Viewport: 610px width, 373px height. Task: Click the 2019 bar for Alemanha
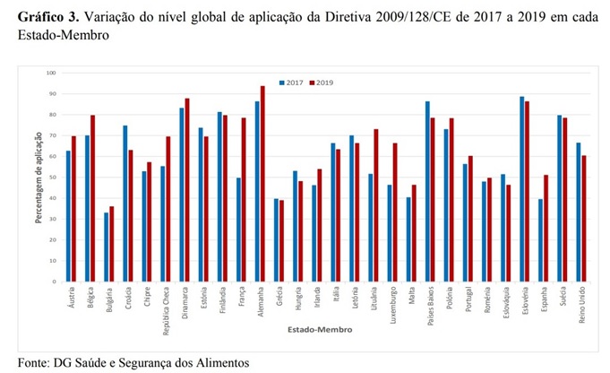click(x=262, y=184)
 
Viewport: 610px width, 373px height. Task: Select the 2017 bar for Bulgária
click(x=107, y=247)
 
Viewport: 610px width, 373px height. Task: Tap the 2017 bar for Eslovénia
click(x=521, y=189)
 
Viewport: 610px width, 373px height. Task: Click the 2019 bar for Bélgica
click(x=93, y=198)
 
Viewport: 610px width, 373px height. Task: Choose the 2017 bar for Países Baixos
click(x=427, y=192)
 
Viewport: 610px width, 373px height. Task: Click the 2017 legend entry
click(x=291, y=82)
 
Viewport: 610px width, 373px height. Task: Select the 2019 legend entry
click(x=321, y=82)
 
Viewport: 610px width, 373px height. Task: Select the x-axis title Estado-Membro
click(x=302, y=329)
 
